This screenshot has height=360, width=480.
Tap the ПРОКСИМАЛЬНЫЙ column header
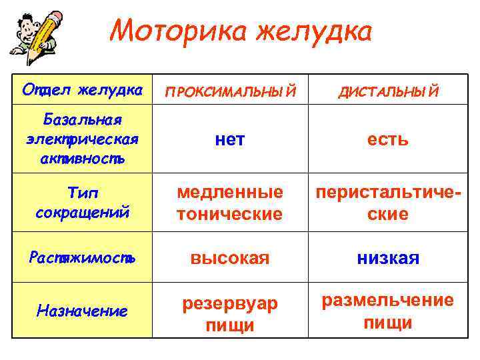pos(229,91)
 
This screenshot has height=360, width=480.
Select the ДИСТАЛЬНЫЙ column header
pos(388,91)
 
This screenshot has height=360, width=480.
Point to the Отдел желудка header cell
pos(83,89)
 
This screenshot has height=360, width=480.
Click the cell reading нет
pos(229,139)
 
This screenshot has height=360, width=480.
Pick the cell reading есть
pos(388,139)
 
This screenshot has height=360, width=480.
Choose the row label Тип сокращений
pos(83,203)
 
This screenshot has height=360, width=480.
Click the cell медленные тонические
pos(229,203)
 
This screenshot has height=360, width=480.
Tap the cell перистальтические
pos(388,203)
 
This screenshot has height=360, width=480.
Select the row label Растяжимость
pos(83,258)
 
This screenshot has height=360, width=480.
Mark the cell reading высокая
pos(229,258)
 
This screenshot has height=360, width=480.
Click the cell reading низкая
pos(388,258)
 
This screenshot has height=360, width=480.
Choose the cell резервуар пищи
pos(229,313)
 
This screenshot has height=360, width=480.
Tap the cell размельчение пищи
pos(388,311)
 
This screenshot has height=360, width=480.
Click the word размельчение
pos(388,301)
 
